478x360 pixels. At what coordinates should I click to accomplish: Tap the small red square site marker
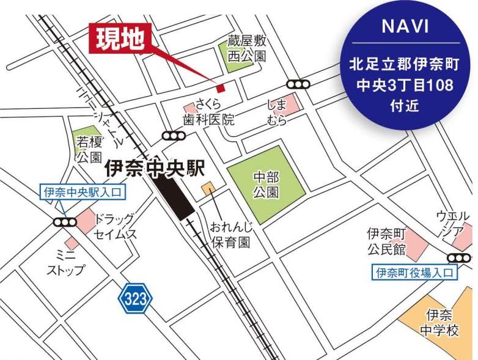[x=221, y=87]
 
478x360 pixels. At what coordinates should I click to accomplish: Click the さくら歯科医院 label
[x=208, y=112]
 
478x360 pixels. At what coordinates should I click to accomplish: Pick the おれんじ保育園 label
[x=230, y=235]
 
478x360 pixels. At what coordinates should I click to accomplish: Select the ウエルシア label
[x=453, y=223]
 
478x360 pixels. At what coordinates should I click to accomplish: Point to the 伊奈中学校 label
[x=439, y=323]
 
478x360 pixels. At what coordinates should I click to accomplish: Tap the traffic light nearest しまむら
[x=298, y=84]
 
